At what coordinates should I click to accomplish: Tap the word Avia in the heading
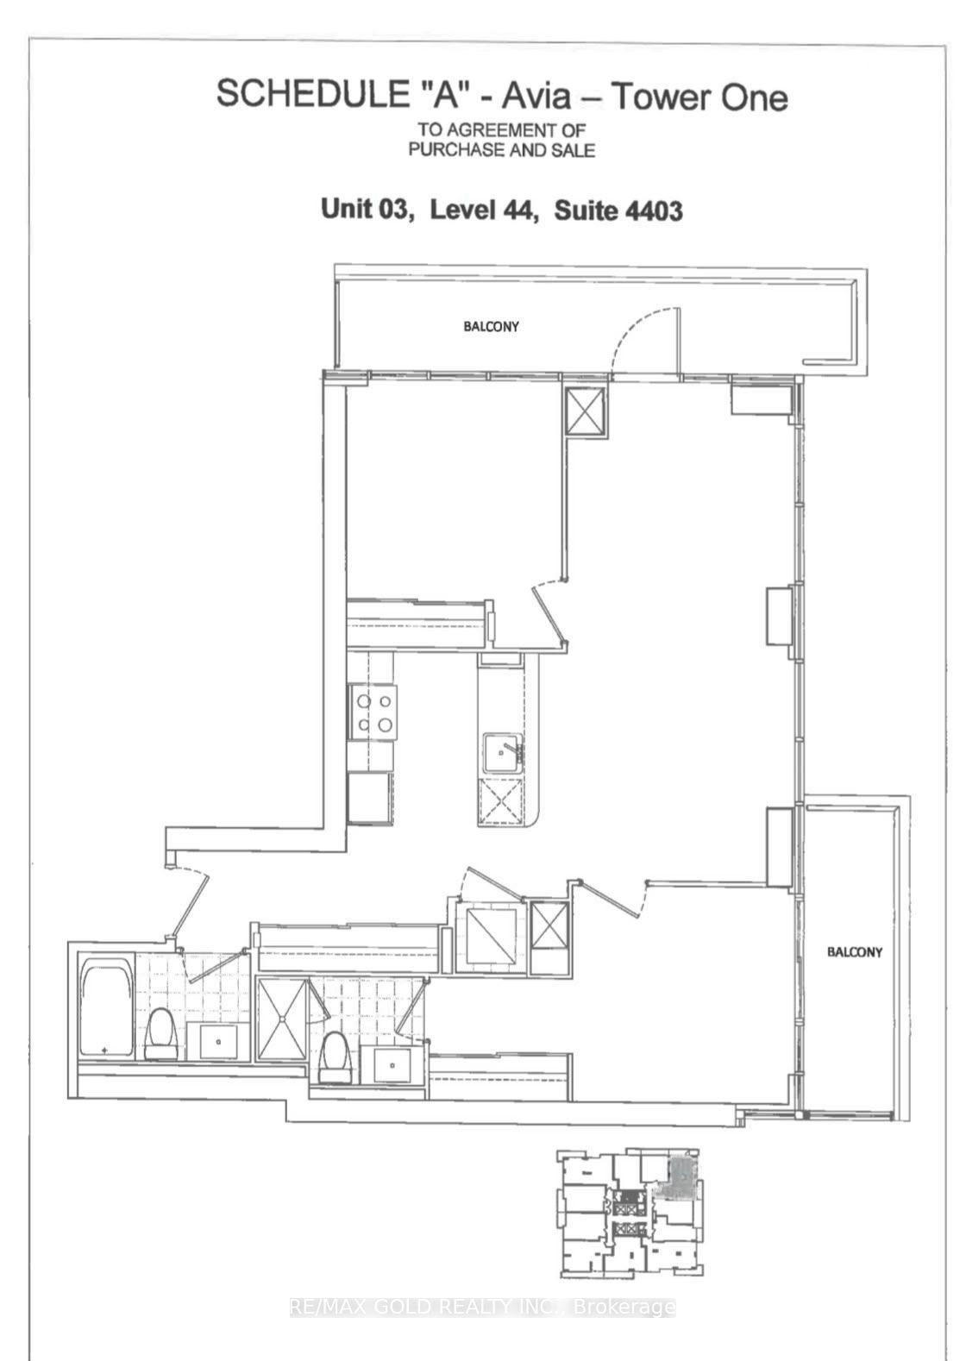click(x=536, y=97)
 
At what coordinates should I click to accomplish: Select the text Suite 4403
click(x=618, y=210)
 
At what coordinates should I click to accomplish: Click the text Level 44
click(x=484, y=210)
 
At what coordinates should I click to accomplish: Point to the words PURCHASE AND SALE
click(x=501, y=149)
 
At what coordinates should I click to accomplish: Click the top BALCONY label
click(x=491, y=326)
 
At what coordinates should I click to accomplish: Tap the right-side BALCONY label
click(x=854, y=951)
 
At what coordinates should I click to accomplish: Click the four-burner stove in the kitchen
click(x=373, y=712)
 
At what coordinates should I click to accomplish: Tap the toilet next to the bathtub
click(x=161, y=1033)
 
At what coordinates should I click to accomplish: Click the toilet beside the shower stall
click(x=336, y=1057)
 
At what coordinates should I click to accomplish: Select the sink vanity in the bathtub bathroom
click(x=217, y=1041)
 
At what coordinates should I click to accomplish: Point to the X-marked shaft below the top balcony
click(x=586, y=411)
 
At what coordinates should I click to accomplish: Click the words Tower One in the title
click(x=699, y=97)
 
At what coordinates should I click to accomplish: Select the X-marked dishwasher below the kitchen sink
click(x=500, y=803)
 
